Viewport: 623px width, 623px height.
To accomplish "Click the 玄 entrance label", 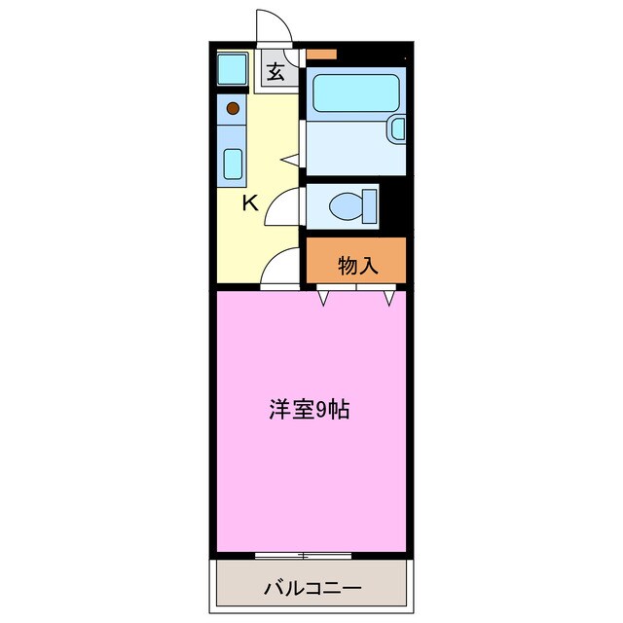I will (276, 71).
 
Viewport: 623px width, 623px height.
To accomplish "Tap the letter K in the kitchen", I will (250, 203).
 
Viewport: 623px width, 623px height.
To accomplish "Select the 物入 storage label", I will (356, 265).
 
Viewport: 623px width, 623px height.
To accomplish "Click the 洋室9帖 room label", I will (310, 410).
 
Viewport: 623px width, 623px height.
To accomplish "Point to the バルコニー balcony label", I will (312, 589).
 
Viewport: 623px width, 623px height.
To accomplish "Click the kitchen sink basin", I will (232, 164).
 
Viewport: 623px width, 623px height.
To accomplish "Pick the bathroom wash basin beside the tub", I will (395, 128).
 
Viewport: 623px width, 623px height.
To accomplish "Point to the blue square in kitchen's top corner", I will (232, 69).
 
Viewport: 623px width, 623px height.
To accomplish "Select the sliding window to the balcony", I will (304, 556).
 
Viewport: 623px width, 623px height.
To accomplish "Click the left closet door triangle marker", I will (324, 297).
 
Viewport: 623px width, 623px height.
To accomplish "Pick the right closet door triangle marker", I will (388, 297).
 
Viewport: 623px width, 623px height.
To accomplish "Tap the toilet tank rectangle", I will (370, 205).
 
